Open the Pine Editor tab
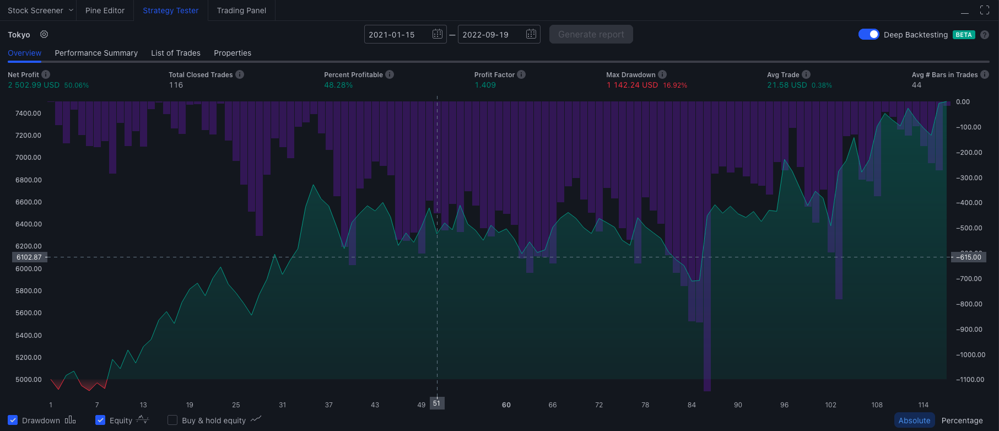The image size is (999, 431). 105,10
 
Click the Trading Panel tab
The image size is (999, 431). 241,10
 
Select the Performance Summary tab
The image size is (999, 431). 96,53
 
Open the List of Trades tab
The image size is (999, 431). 176,53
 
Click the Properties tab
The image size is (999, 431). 233,53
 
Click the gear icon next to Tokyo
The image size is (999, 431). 44,34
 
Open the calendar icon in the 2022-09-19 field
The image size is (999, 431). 531,34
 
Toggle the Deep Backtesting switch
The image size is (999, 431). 869,34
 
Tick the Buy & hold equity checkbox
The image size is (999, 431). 172,420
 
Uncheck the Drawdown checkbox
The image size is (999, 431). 13,420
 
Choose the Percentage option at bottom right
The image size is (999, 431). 962,421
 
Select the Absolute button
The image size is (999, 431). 914,421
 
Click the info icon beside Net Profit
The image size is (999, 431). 46,74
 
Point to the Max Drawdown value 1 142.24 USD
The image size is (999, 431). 632,85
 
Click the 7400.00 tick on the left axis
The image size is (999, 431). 28,113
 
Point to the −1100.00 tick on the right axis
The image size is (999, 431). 970,379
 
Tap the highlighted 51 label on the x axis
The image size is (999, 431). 436,403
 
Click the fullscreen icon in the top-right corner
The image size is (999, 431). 985,10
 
